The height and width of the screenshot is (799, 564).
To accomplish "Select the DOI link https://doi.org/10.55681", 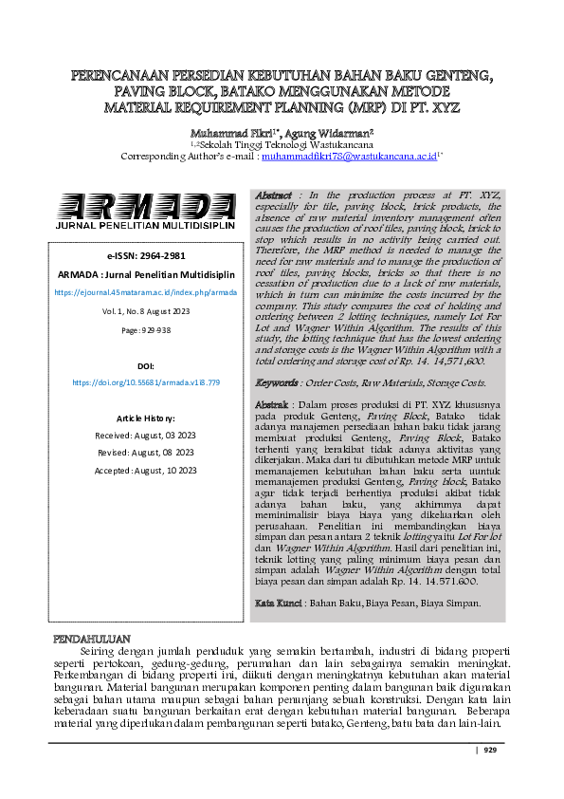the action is pos(146,381).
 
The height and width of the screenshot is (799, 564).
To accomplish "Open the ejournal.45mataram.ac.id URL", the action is pos(146,292).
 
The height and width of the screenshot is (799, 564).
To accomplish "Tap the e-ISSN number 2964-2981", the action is pos(146,256).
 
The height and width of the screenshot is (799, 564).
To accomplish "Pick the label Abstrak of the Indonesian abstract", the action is pos(274,406).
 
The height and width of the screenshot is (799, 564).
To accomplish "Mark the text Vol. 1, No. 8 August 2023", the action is pos(146,310).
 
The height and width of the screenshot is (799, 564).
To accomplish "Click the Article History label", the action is pos(146,418).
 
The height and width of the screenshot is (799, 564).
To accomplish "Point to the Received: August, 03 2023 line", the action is pos(146,435).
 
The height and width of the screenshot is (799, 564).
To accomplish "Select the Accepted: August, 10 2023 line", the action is pos(146,470).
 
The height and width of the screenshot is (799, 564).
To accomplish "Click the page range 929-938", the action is pos(146,328).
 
